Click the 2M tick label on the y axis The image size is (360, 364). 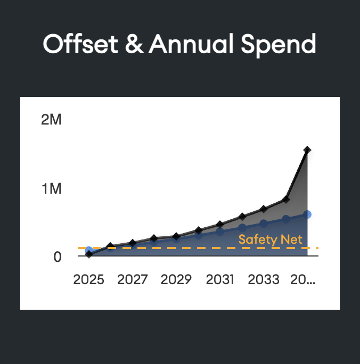51,120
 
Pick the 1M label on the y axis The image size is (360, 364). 51,189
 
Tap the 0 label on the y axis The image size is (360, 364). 57,257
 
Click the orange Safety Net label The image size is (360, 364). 270,239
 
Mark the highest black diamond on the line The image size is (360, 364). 307,150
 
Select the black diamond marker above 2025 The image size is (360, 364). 89,254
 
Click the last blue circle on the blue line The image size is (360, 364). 307,214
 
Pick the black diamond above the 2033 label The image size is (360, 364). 264,209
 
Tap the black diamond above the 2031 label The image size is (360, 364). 220,224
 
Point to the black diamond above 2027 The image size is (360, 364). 133,243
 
